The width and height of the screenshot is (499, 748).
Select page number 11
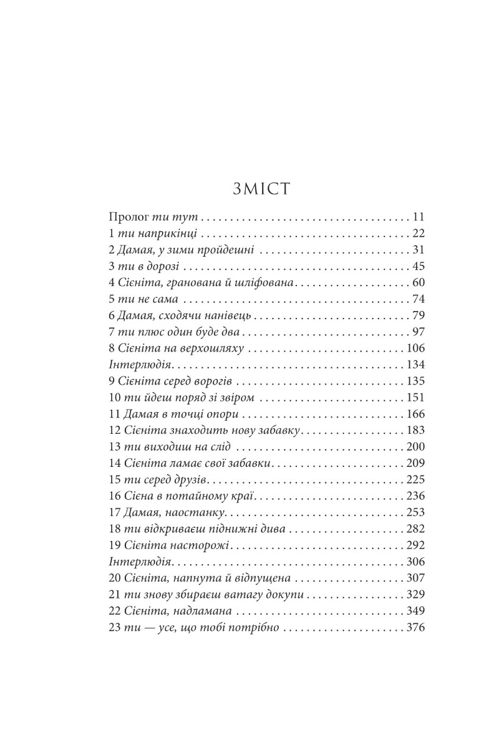click(418, 218)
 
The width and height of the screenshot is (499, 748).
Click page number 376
click(415, 627)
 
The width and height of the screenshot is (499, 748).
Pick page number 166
click(415, 414)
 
